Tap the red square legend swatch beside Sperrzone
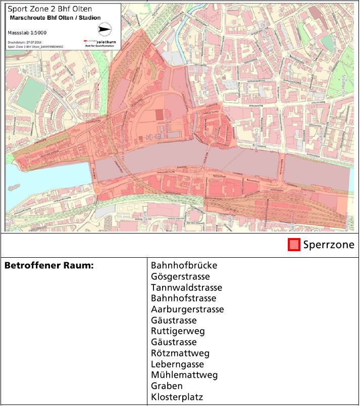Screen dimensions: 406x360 pyautogui.click(x=294, y=245)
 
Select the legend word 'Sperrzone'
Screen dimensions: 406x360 pyautogui.click(x=329, y=245)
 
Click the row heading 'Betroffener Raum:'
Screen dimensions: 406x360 pyautogui.click(x=49, y=266)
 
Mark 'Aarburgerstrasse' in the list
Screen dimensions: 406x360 pyautogui.click(x=187, y=309)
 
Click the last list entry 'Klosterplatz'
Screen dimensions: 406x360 pyautogui.click(x=177, y=397)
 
